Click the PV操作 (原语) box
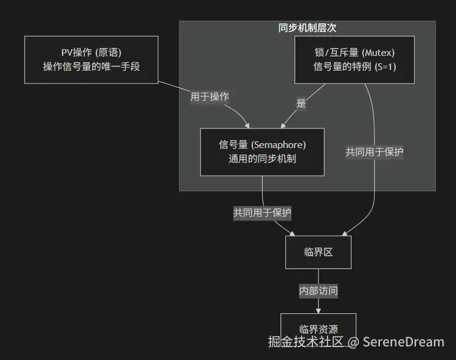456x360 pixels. pos(91,60)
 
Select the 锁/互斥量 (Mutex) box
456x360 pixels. pos(355,60)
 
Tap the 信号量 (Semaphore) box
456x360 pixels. pos(262,151)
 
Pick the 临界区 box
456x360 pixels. pos(319,252)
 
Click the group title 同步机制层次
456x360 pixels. pos(307,28)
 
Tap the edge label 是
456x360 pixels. pos(301,103)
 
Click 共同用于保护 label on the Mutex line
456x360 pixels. pos(374,152)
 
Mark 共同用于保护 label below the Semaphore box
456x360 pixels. pos(262,213)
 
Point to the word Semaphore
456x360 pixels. pos(279,145)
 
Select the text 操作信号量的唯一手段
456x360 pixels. pos(91,66)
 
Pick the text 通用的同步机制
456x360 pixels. pos(262,158)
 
